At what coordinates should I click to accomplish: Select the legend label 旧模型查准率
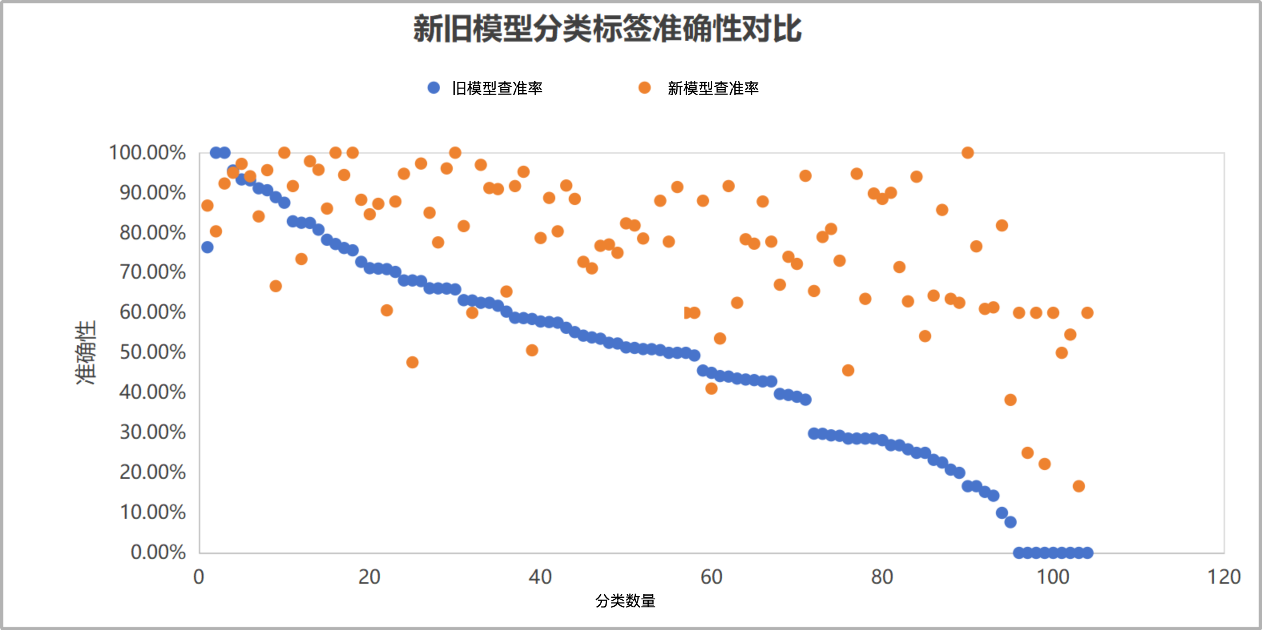pyautogui.click(x=497, y=88)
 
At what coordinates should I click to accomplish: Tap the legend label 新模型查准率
pyautogui.click(x=713, y=88)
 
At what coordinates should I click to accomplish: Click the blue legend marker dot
pyautogui.click(x=433, y=88)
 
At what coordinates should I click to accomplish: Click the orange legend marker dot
pyautogui.click(x=645, y=88)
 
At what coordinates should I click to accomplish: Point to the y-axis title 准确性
pyautogui.click(x=86, y=352)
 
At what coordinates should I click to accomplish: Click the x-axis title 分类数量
pyautogui.click(x=625, y=601)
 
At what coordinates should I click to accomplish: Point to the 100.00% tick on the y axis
pyautogui.click(x=147, y=153)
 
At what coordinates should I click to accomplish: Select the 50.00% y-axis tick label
pyautogui.click(x=153, y=352)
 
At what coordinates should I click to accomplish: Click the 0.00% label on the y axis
pyautogui.click(x=158, y=552)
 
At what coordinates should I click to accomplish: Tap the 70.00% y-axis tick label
pyautogui.click(x=153, y=272)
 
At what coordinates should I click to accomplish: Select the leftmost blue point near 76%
pyautogui.click(x=207, y=247)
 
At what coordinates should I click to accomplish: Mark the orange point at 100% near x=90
pyautogui.click(x=968, y=153)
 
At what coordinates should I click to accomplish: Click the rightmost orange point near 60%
pyautogui.click(x=1087, y=313)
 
